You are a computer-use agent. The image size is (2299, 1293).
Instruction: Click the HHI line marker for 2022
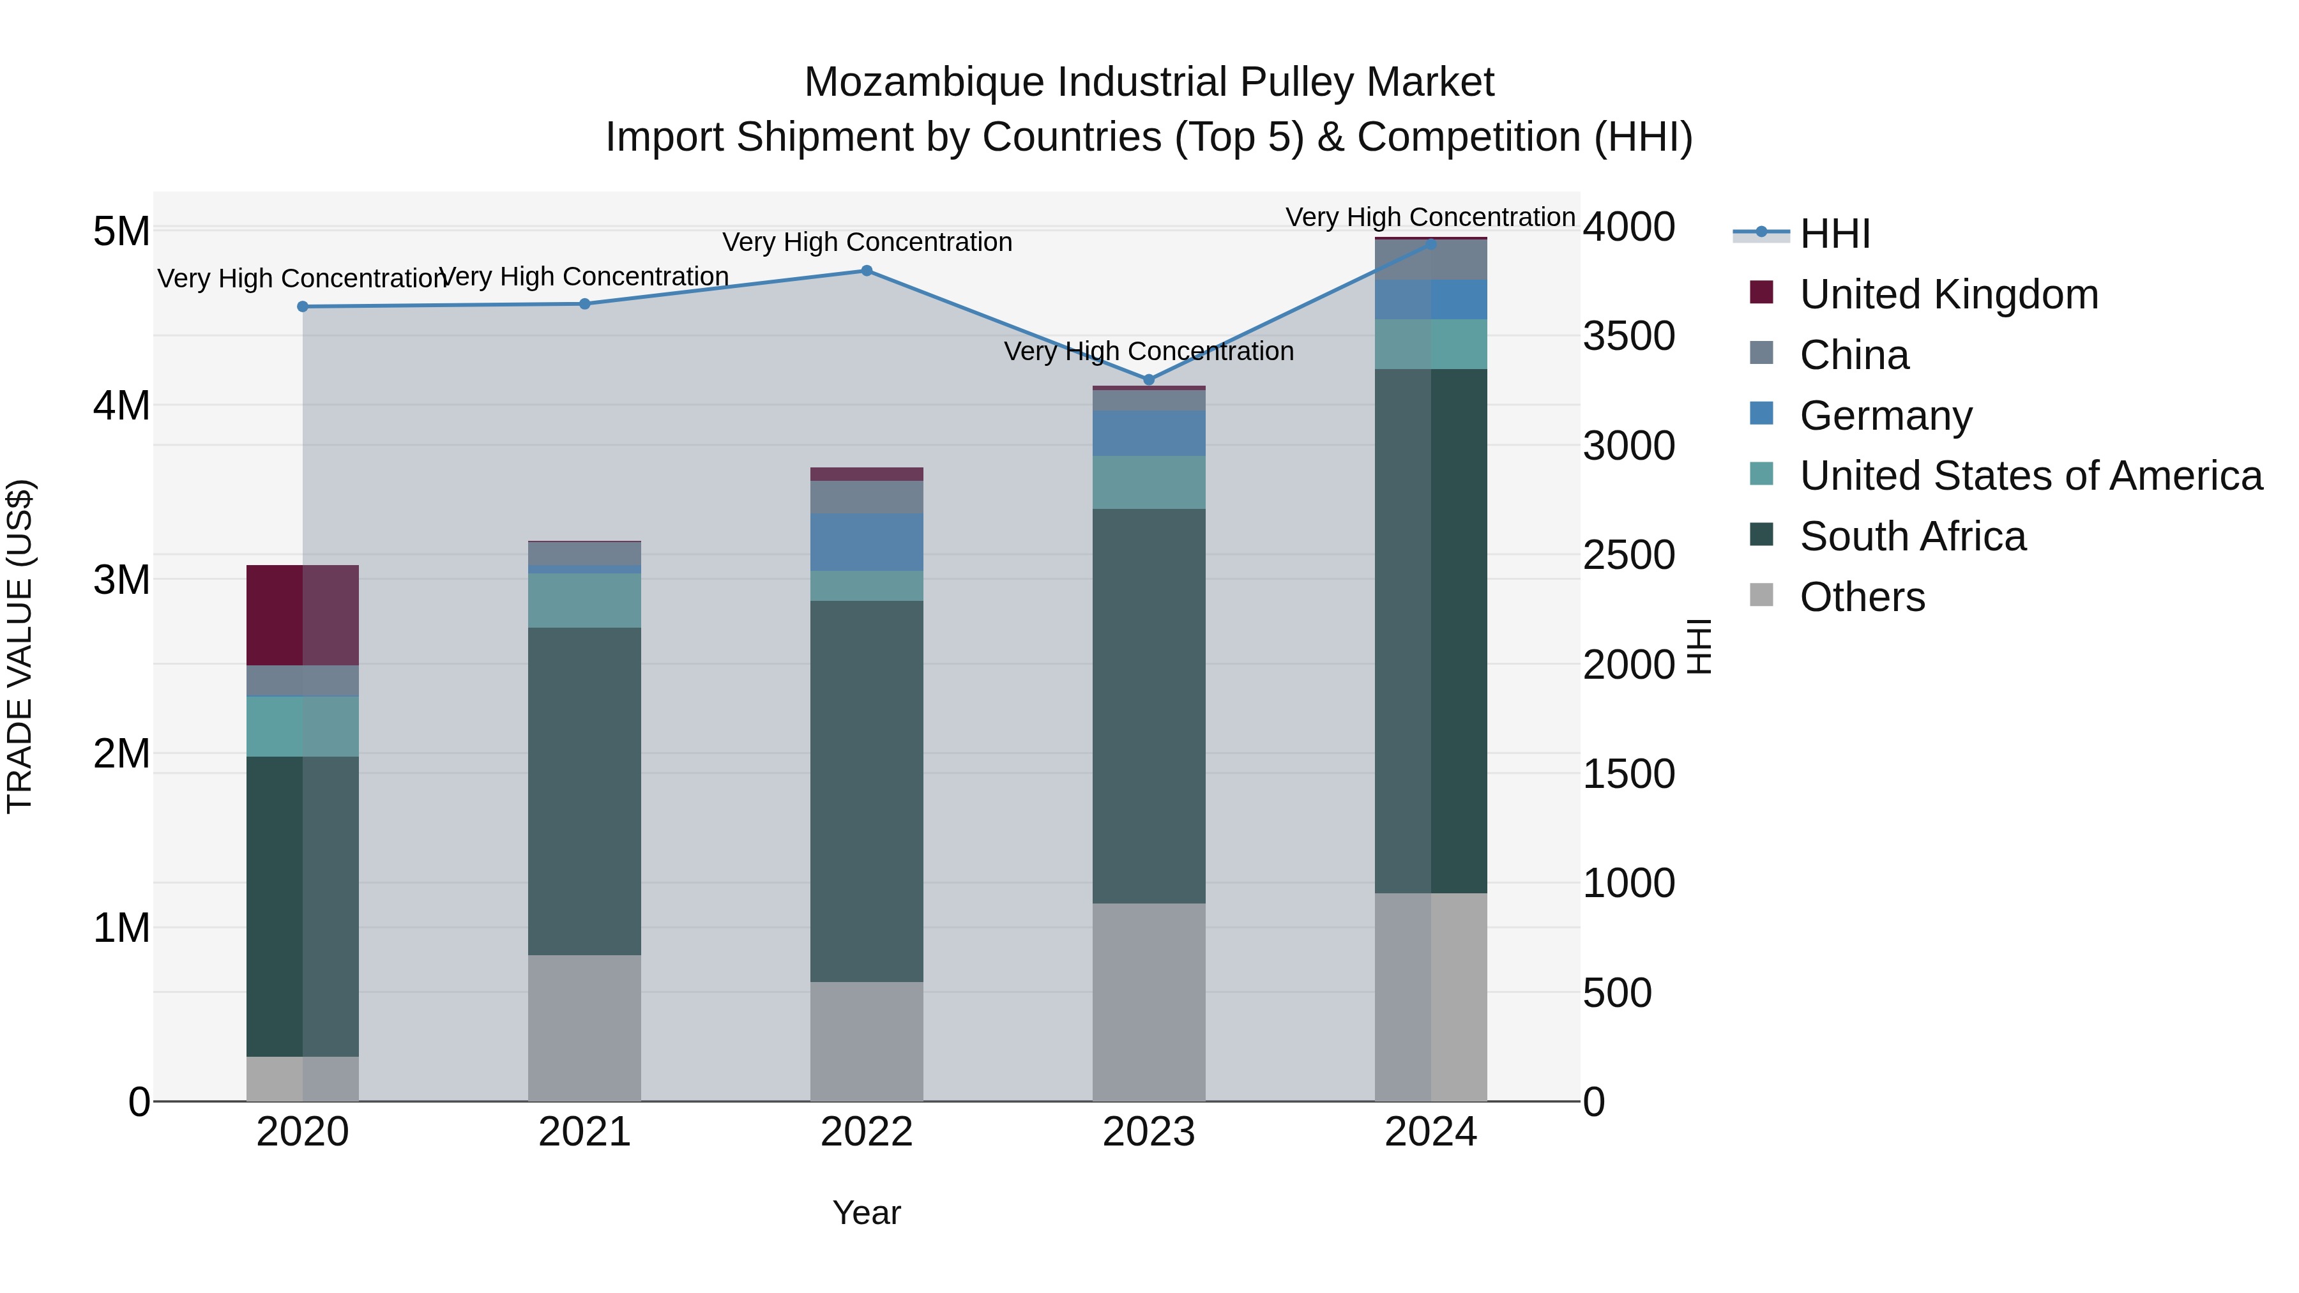(x=866, y=270)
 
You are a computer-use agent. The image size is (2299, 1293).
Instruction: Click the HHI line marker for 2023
(x=1149, y=379)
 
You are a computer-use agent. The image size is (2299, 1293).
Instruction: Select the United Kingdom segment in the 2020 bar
(x=303, y=615)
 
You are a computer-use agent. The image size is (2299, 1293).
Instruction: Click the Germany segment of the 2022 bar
(x=866, y=541)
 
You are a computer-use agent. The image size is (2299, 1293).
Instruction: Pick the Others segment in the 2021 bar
(x=584, y=1027)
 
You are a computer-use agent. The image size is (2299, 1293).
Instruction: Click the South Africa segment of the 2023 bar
(x=1149, y=705)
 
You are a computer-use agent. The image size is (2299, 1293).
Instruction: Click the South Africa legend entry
(x=1911, y=536)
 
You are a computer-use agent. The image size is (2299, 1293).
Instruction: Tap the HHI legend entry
(x=1834, y=234)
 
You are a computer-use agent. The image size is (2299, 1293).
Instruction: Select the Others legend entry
(x=1862, y=597)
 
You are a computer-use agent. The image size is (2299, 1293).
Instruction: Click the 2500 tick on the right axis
(x=1628, y=555)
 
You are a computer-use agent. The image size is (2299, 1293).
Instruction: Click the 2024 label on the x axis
(x=1430, y=1132)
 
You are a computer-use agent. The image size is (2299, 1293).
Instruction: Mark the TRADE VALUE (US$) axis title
(x=20, y=646)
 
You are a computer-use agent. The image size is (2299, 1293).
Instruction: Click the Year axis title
(x=866, y=1213)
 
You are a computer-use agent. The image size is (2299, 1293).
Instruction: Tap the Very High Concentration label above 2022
(x=866, y=242)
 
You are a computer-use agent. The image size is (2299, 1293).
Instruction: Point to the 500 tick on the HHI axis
(x=1616, y=992)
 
